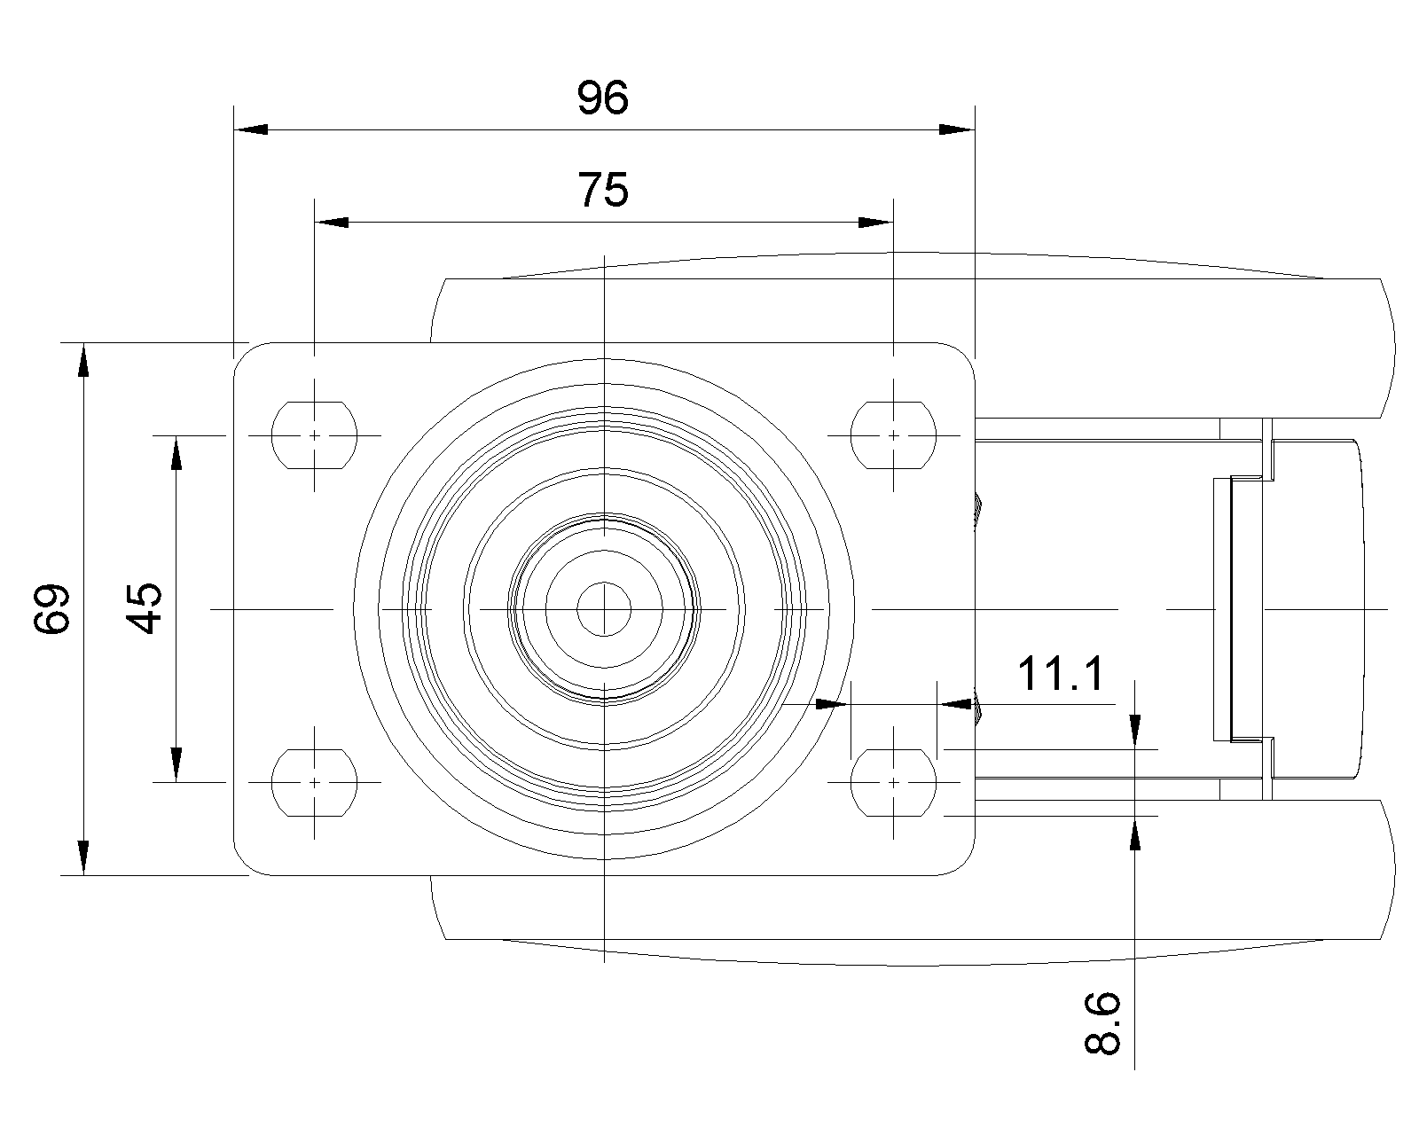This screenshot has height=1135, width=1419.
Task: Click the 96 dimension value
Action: (x=603, y=98)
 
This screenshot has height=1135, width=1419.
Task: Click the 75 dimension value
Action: (x=603, y=190)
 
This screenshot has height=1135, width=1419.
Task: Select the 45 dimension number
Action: (x=145, y=608)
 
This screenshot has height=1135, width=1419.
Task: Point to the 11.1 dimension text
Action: (x=1061, y=674)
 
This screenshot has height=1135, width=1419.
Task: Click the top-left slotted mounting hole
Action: (x=315, y=435)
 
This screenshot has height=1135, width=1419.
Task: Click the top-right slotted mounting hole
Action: (x=893, y=435)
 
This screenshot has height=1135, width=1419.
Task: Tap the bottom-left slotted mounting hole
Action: (x=315, y=782)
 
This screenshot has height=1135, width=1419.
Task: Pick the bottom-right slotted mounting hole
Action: (x=893, y=782)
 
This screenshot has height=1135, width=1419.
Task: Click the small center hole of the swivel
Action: (x=604, y=609)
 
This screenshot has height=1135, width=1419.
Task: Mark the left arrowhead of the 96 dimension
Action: (x=249, y=130)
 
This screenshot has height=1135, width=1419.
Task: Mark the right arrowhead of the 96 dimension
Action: (x=958, y=130)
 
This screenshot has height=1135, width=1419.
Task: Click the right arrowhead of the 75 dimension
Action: (x=875, y=222)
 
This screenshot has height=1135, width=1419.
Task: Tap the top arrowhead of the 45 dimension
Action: (x=176, y=452)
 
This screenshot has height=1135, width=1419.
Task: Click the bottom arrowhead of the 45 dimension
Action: (x=176, y=765)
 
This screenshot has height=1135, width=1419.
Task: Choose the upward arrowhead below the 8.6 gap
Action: (x=1135, y=834)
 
